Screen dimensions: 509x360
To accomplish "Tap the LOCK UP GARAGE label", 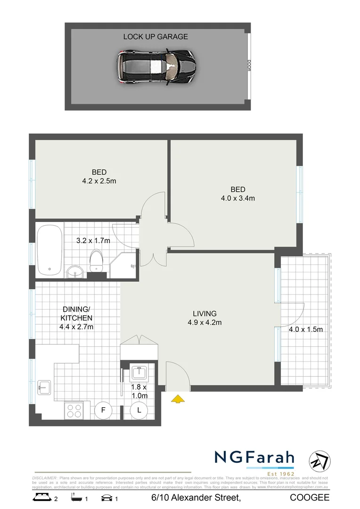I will (x=155, y=36).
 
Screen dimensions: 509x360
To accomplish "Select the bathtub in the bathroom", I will (x=49, y=250).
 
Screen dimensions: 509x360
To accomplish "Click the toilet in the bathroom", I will (x=96, y=260).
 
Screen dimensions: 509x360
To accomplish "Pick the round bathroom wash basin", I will (x=74, y=271).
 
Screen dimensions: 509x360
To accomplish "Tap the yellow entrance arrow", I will (x=177, y=399).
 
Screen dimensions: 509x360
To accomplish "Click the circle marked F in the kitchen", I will (x=103, y=410).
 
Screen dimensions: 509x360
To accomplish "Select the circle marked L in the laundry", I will (x=139, y=410).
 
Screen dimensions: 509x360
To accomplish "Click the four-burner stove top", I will (x=74, y=410).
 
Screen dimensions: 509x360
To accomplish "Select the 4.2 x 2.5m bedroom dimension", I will (x=99, y=180).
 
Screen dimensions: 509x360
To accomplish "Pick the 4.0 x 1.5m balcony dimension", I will (x=305, y=329).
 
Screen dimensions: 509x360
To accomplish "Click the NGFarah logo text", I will (x=254, y=458).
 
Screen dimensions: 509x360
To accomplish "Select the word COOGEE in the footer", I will (x=310, y=498).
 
